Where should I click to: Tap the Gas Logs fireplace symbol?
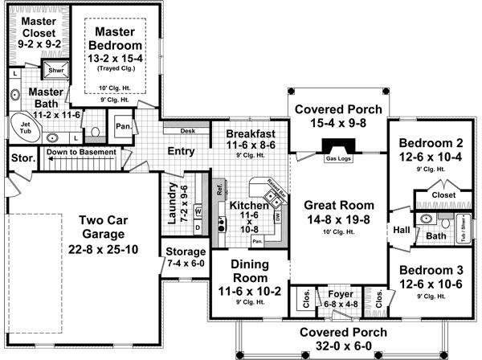tap(336, 148)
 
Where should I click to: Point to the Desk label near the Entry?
tap(189, 130)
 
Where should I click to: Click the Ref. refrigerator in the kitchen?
tap(218, 190)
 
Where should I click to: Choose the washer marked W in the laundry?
tap(198, 211)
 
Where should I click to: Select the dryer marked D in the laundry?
tap(198, 227)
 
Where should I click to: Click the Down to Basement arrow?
tap(80, 152)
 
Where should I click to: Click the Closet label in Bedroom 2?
tap(443, 195)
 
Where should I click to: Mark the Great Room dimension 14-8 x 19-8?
tap(337, 219)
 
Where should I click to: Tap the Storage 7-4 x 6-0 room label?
tap(186, 257)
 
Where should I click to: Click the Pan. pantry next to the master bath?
tap(123, 126)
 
